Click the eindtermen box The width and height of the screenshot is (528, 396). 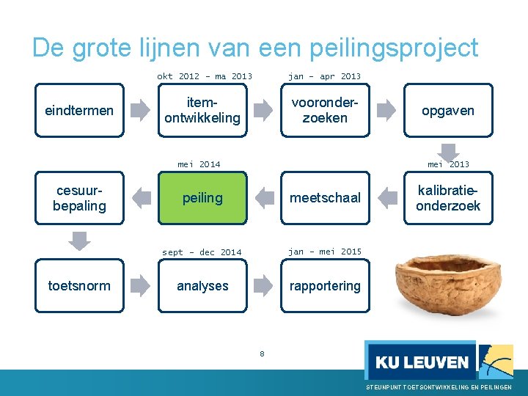tap(79, 111)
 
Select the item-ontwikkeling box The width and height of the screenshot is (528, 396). tap(202, 111)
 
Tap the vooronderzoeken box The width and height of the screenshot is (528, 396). tap(325, 111)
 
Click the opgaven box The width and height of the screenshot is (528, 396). tap(447, 111)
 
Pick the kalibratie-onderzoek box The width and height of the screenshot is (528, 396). tap(447, 198)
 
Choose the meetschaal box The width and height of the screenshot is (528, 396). tap(325, 198)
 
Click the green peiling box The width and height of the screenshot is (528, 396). tap(202, 198)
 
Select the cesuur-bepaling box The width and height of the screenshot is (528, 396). tap(79, 198)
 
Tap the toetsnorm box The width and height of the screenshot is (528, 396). tap(79, 286)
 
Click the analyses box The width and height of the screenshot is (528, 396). tap(202, 286)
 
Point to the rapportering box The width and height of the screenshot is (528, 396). tap(325, 286)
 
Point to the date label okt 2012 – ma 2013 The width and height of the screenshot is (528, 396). tap(204, 76)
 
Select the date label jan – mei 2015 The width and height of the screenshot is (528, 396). tap(325, 252)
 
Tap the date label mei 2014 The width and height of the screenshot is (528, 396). tap(199, 164)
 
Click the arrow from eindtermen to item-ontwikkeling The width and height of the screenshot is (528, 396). tap(140, 111)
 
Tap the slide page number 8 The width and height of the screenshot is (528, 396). tap(262, 354)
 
